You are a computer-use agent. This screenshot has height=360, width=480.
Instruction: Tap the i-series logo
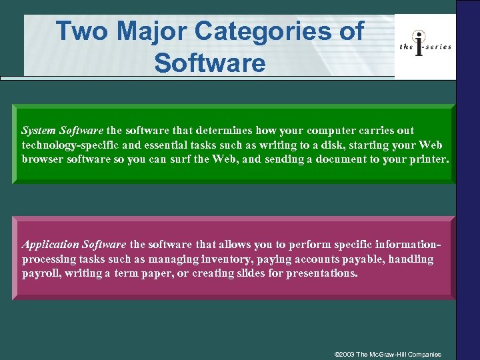point(425,45)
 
